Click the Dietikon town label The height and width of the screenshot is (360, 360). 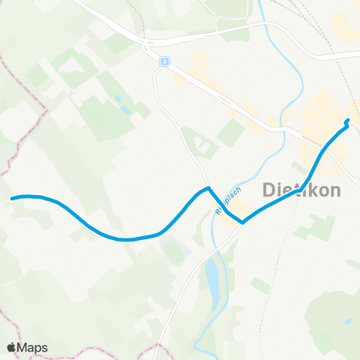tap(302, 190)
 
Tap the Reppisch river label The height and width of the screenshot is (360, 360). tap(227, 200)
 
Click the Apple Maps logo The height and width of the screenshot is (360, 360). tap(28, 347)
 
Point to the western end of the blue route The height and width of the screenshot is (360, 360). tap(12, 198)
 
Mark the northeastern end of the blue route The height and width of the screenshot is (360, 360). tap(347, 121)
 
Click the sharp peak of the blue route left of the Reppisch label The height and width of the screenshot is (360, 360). tap(208, 187)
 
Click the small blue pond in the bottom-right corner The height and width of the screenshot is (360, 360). tap(347, 321)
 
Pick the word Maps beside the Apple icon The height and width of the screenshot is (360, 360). tap(34, 347)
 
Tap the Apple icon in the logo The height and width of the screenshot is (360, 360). tap(12, 346)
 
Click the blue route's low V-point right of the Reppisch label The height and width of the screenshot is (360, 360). tap(241, 222)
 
